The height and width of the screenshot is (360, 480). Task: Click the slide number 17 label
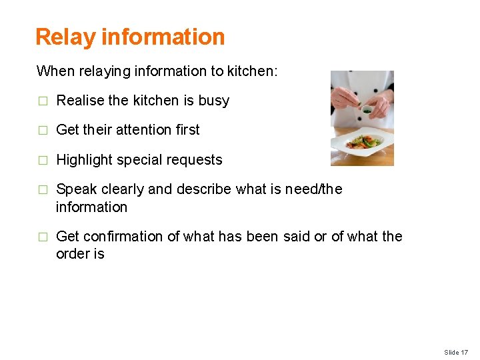pos(456,352)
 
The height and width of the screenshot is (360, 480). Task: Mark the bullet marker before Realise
pos(43,101)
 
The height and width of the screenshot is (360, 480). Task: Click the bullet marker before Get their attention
pos(43,131)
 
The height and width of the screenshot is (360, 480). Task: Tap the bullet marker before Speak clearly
pos(43,190)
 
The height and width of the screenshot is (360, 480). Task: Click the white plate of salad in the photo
pos(363,142)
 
